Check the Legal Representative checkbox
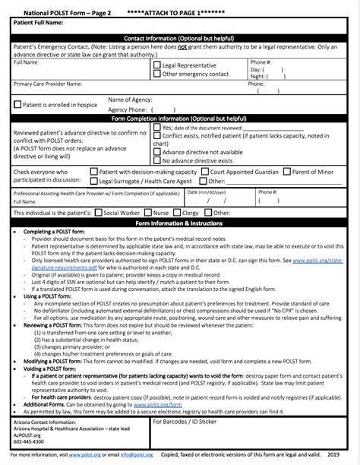pyautogui.click(x=157, y=65)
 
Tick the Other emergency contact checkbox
pyautogui.click(x=157, y=74)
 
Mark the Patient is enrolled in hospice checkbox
pyautogui.click(x=18, y=104)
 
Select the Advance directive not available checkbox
pyautogui.click(x=157, y=152)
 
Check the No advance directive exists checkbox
pyautogui.click(x=157, y=161)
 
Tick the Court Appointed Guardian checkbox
pyautogui.click(x=204, y=172)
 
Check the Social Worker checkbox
pyautogui.click(x=98, y=214)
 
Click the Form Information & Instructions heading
pyautogui.click(x=180, y=223)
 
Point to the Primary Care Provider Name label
pyautogui.click(x=47, y=84)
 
